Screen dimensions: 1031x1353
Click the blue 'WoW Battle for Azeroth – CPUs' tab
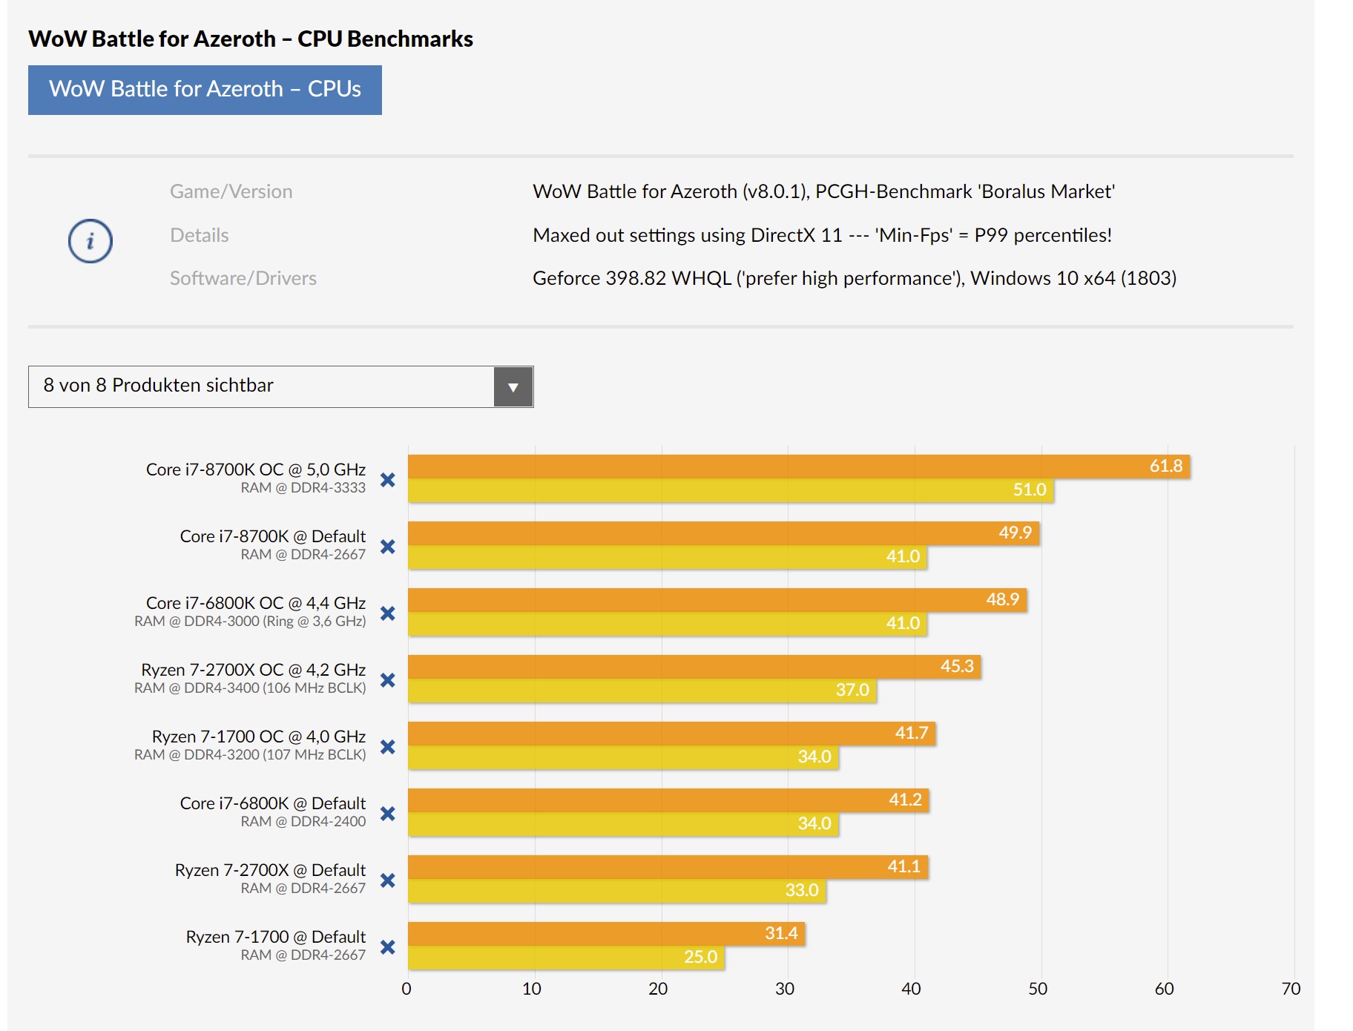pos(205,90)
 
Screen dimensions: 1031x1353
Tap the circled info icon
pos(90,241)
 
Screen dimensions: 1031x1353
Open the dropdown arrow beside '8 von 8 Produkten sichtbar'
pos(513,387)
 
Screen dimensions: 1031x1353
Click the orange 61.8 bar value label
pos(1165,466)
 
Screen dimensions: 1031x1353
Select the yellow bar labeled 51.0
pos(731,490)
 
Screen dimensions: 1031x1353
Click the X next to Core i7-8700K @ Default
pos(387,547)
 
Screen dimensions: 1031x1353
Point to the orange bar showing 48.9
pos(717,600)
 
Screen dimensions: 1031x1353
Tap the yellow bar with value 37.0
pos(642,691)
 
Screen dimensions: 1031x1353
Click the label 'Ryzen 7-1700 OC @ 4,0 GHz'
pos(258,737)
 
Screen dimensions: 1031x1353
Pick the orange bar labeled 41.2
pos(668,800)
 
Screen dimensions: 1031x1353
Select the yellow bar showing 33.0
pos(616,891)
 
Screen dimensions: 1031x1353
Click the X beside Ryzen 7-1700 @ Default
pos(387,947)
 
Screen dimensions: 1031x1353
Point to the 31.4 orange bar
pos(606,934)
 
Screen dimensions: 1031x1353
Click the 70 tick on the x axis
pos(1291,989)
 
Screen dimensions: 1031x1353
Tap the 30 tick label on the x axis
pos(785,989)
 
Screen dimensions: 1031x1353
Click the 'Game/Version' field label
pos(231,191)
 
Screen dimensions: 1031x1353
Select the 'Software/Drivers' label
pos(243,278)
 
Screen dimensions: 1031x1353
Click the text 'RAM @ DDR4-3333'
pos(303,488)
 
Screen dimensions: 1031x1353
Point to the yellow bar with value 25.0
pos(566,958)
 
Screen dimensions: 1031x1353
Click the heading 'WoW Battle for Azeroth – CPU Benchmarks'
pos(251,39)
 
